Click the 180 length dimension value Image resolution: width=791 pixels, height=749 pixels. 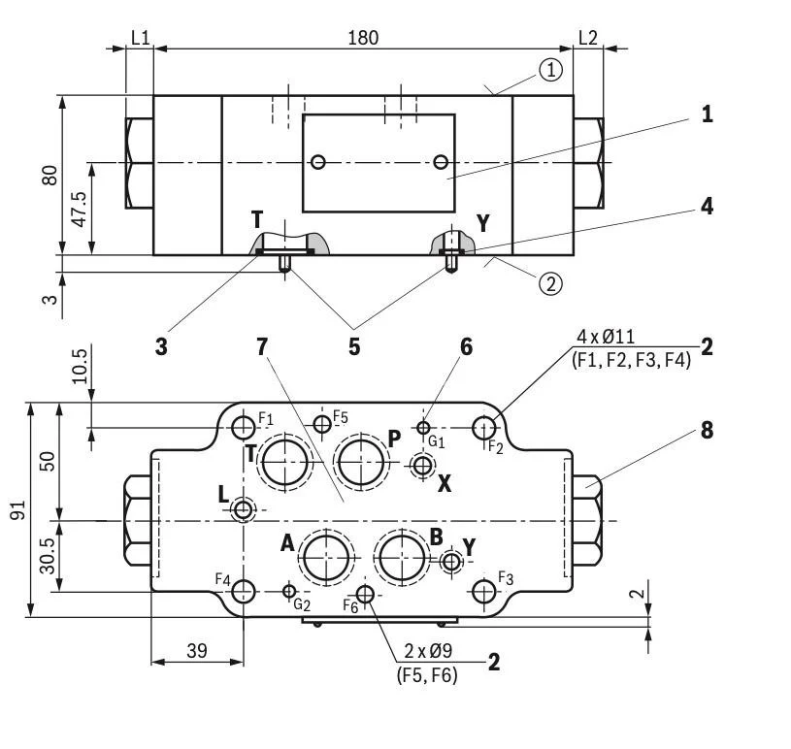tap(363, 37)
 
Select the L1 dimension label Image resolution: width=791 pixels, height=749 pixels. tap(141, 37)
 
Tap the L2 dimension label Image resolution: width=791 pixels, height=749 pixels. tap(588, 37)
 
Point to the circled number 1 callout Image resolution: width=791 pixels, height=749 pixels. tap(550, 70)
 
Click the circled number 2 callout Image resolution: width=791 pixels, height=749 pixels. tap(550, 283)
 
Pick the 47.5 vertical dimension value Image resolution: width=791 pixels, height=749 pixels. tap(79, 208)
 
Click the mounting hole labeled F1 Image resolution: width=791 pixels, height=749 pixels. tap(244, 427)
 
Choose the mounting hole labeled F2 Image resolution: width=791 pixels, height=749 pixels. tap(484, 427)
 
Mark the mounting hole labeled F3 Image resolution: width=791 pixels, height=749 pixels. tap(483, 590)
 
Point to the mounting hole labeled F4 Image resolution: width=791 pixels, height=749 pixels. tap(244, 590)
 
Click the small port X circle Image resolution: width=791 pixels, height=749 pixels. tap(422, 468)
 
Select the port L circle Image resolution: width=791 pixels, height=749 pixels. tap(244, 509)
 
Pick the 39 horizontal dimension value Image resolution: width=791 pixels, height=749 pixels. tap(196, 650)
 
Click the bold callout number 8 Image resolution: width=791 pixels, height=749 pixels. tap(707, 430)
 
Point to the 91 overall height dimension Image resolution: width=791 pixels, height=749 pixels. tap(17, 508)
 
